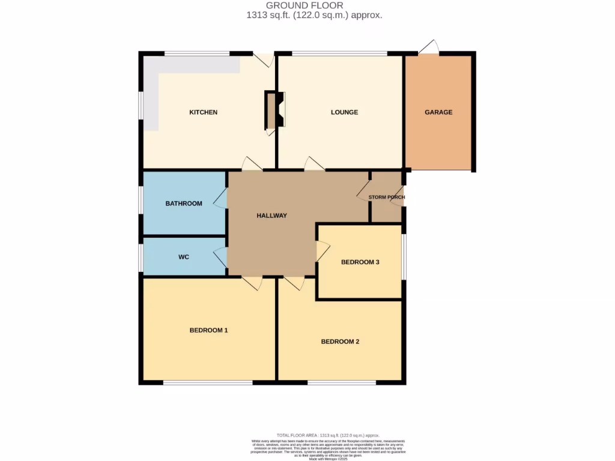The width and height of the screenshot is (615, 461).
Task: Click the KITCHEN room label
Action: point(203,112)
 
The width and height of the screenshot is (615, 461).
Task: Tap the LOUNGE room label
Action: point(344,112)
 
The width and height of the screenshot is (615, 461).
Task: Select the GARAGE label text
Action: point(438,112)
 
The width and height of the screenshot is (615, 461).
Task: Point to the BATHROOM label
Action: point(184,203)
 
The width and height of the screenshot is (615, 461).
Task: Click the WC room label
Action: point(184,257)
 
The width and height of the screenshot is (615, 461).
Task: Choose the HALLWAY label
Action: point(271,215)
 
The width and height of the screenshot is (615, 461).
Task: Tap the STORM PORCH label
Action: point(386,197)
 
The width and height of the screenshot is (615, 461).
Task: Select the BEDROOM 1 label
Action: point(208,330)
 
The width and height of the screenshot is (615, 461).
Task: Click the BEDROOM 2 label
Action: point(340,342)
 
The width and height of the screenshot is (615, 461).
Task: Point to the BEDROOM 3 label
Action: point(360,262)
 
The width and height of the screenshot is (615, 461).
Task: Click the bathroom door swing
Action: point(221,197)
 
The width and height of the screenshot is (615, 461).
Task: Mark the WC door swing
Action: point(221,257)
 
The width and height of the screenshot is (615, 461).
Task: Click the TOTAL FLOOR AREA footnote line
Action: point(328,435)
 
